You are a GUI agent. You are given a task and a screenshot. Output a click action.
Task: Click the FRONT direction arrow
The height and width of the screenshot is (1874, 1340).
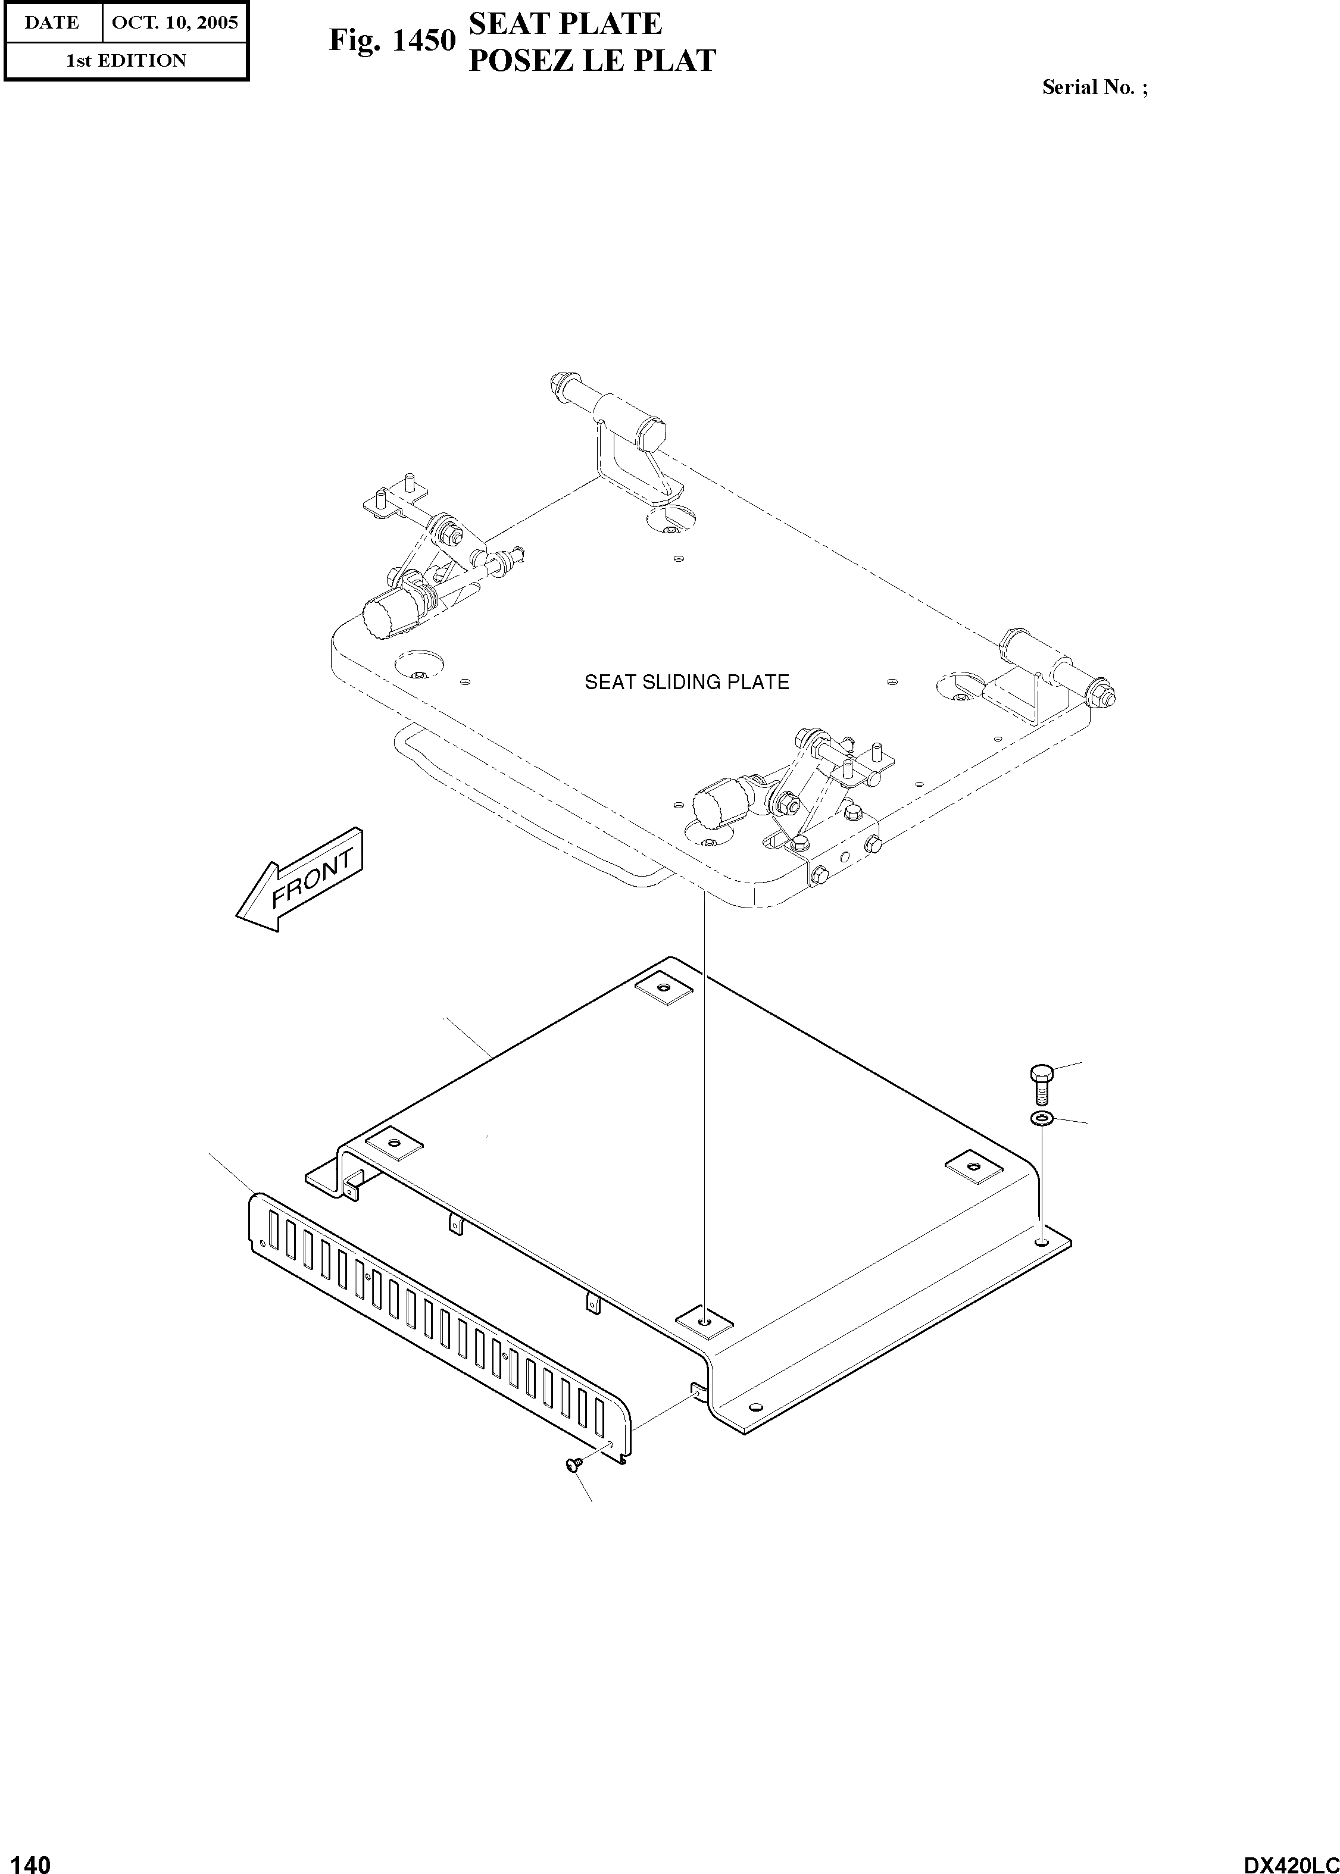click(x=299, y=881)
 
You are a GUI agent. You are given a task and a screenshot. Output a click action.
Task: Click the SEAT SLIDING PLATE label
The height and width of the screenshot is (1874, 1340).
click(x=686, y=682)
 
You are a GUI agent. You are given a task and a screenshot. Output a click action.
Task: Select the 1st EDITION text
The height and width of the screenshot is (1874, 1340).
click(x=126, y=60)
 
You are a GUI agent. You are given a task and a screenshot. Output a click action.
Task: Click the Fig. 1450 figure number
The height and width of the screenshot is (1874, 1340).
click(x=392, y=40)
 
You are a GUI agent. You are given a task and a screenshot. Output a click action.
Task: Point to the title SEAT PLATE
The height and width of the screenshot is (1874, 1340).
click(x=565, y=23)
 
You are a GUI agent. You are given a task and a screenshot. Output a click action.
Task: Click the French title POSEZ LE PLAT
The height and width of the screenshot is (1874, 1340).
click(x=592, y=60)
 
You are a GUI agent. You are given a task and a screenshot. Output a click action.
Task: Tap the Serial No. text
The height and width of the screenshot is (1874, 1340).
click(x=1094, y=87)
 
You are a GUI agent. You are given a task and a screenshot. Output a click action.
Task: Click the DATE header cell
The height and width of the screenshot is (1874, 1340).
click(x=52, y=22)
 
